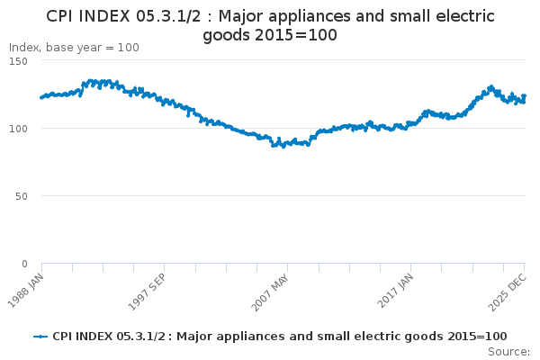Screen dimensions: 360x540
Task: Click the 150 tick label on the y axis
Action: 18,60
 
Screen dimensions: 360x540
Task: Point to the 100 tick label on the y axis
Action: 18,128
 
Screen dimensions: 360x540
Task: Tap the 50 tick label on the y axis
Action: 21,195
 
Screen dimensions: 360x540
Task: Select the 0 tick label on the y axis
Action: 24,264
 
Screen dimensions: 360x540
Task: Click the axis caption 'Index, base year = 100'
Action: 74,47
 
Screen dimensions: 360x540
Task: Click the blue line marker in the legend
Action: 40,337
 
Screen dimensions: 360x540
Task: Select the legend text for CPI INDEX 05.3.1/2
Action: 279,337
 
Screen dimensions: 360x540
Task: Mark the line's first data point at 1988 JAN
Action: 42,97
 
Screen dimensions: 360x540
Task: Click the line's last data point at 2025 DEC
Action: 525,96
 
